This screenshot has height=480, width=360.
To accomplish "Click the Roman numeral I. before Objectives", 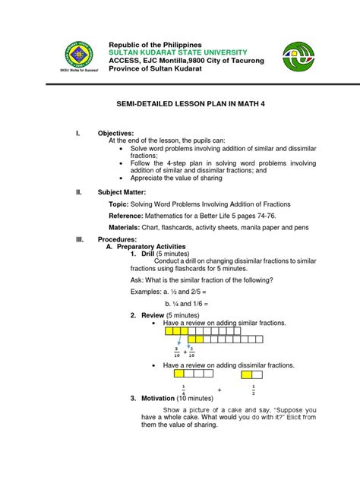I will [x=77, y=132].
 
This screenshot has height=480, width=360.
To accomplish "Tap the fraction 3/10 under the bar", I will [x=176, y=352].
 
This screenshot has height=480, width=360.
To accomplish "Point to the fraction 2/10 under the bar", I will [x=191, y=352].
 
